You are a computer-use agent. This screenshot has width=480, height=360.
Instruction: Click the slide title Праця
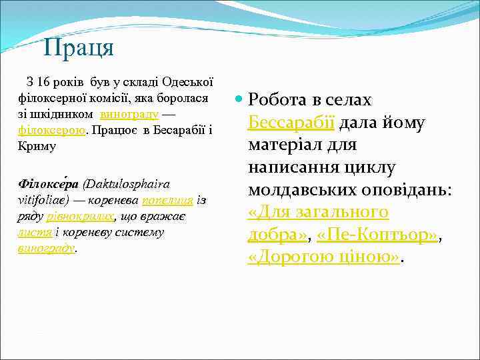(79, 48)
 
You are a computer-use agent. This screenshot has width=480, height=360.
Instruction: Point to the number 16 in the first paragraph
(44, 83)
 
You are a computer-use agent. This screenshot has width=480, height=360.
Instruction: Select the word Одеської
(187, 83)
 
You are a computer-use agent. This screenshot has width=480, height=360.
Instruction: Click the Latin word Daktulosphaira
(127, 184)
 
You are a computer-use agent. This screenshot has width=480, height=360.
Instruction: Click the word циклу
(371, 167)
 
